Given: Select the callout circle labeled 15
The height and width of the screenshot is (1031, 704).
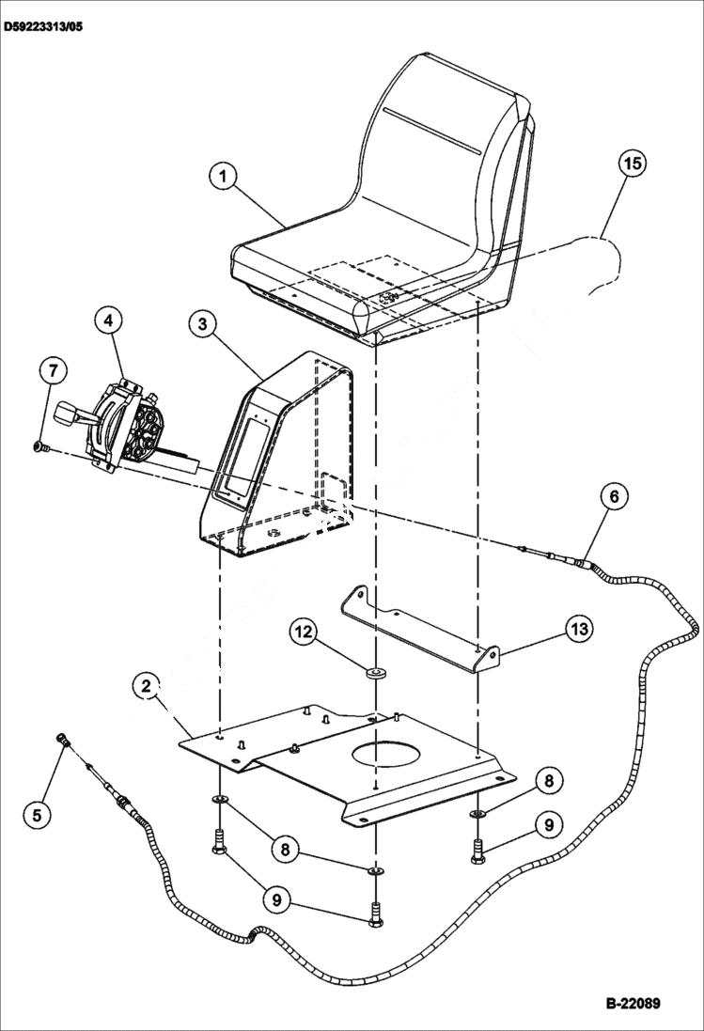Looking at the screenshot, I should click(x=633, y=163).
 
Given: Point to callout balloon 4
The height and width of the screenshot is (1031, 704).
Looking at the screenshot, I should click(x=109, y=320).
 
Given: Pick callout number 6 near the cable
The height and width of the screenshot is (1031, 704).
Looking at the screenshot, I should click(x=612, y=495).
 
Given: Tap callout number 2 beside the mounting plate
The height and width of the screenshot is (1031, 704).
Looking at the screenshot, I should click(x=147, y=686).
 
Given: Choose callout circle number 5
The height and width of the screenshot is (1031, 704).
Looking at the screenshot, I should click(x=37, y=814).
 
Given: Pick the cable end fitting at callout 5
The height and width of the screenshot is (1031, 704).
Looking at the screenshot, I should click(x=65, y=741).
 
